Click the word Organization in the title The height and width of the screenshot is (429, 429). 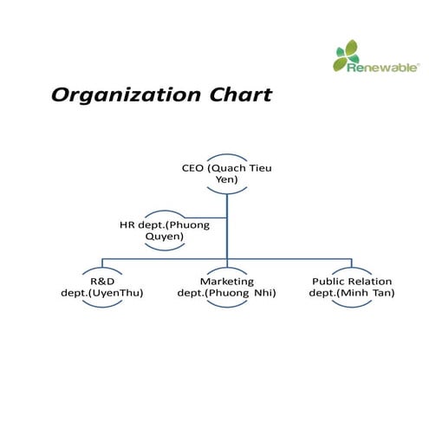126,95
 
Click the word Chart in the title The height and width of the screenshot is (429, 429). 241,94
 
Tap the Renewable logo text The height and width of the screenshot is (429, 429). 382,68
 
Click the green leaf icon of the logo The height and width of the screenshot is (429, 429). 347,55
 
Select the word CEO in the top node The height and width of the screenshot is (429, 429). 192,168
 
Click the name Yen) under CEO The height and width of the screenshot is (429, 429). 227,179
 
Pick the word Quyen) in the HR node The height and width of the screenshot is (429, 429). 165,237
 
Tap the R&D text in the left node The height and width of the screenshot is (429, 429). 102,281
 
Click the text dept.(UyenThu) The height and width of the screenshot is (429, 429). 102,293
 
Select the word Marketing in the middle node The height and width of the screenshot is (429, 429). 227,282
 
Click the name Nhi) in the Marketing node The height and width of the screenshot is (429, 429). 265,293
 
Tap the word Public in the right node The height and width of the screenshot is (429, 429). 327,281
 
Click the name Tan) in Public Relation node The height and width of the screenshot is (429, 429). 383,293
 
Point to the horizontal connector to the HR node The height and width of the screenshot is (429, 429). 205,218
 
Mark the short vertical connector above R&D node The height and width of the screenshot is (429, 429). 102,263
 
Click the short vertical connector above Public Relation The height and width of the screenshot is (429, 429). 352,263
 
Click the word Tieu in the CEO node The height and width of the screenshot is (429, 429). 260,168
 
